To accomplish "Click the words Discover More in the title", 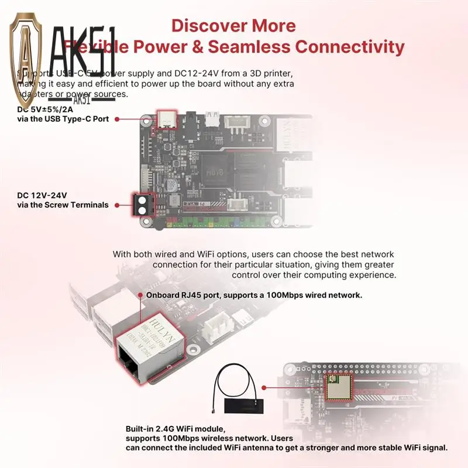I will click(233, 26).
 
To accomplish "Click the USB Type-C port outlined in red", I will click(167, 119).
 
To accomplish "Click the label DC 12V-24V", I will click(42, 195).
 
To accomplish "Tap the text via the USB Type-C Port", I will click(63, 119).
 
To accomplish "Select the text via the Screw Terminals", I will click(63, 205).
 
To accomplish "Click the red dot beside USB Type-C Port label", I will click(117, 119).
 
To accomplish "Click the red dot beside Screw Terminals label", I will click(117, 205).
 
